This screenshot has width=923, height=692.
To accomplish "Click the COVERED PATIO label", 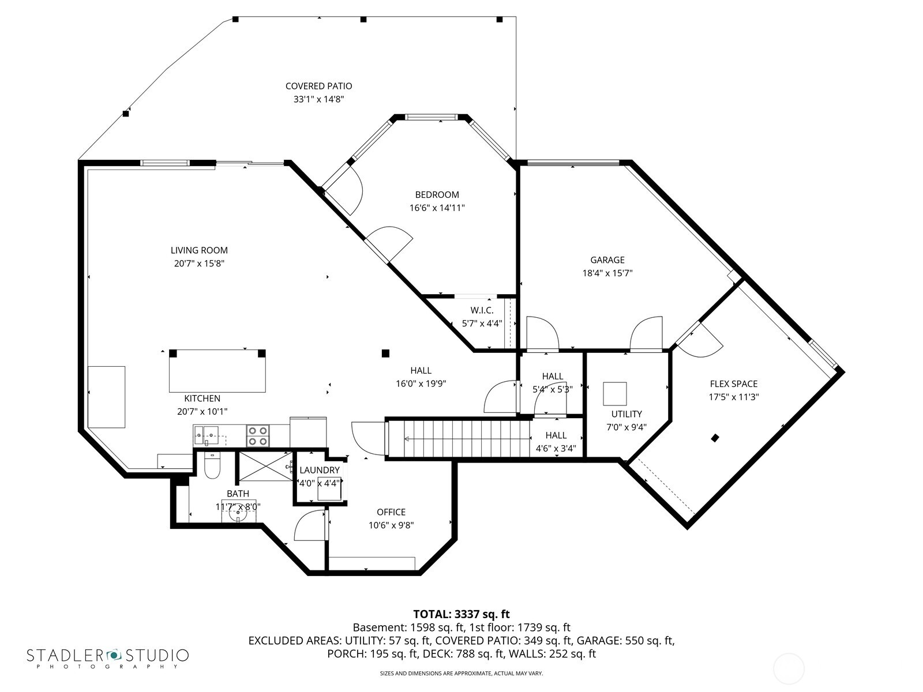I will [x=318, y=86].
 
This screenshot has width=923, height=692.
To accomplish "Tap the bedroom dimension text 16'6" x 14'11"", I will [x=437, y=208].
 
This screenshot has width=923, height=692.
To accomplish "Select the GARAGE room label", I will [x=607, y=260].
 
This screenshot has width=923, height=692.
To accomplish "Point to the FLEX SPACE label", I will [x=733, y=384].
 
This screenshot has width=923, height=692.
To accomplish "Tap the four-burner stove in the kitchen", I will [x=258, y=436].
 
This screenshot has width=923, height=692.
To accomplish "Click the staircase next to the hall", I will [x=459, y=438].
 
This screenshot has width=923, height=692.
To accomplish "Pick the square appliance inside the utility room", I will [x=615, y=394].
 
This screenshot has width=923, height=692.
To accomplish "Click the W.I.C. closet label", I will [x=482, y=311].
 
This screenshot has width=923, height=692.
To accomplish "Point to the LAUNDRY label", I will [x=319, y=471].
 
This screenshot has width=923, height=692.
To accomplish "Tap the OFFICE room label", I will [x=391, y=512].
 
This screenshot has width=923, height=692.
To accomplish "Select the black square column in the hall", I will [x=385, y=353].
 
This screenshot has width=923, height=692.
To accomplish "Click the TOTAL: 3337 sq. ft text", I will [x=461, y=614].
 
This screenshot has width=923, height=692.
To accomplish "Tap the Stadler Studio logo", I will [x=108, y=657].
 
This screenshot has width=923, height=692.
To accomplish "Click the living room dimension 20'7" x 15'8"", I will [x=199, y=264].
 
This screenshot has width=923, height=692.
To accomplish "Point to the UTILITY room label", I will [x=626, y=414].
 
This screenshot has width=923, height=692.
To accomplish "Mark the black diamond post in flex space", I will [x=715, y=438].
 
